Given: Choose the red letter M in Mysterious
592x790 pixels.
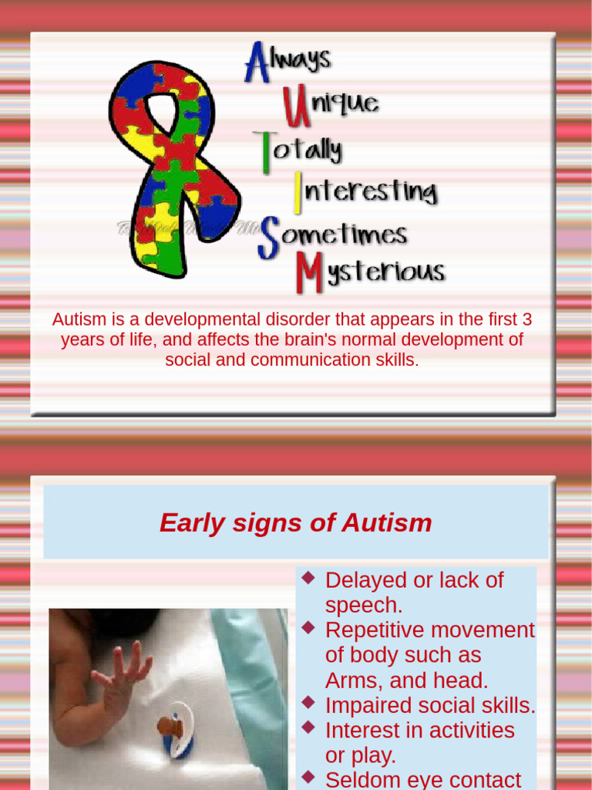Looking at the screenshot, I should tap(310, 273).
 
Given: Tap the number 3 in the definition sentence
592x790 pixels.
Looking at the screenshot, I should tap(527, 319).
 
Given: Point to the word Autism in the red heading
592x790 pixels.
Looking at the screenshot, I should tap(386, 523).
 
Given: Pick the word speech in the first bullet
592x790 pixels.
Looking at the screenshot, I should tap(364, 605).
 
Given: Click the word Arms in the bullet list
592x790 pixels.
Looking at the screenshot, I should tap(351, 680).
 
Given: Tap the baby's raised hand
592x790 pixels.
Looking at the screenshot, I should tap(123, 671).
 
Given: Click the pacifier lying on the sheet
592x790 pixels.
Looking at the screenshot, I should tap(174, 729).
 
